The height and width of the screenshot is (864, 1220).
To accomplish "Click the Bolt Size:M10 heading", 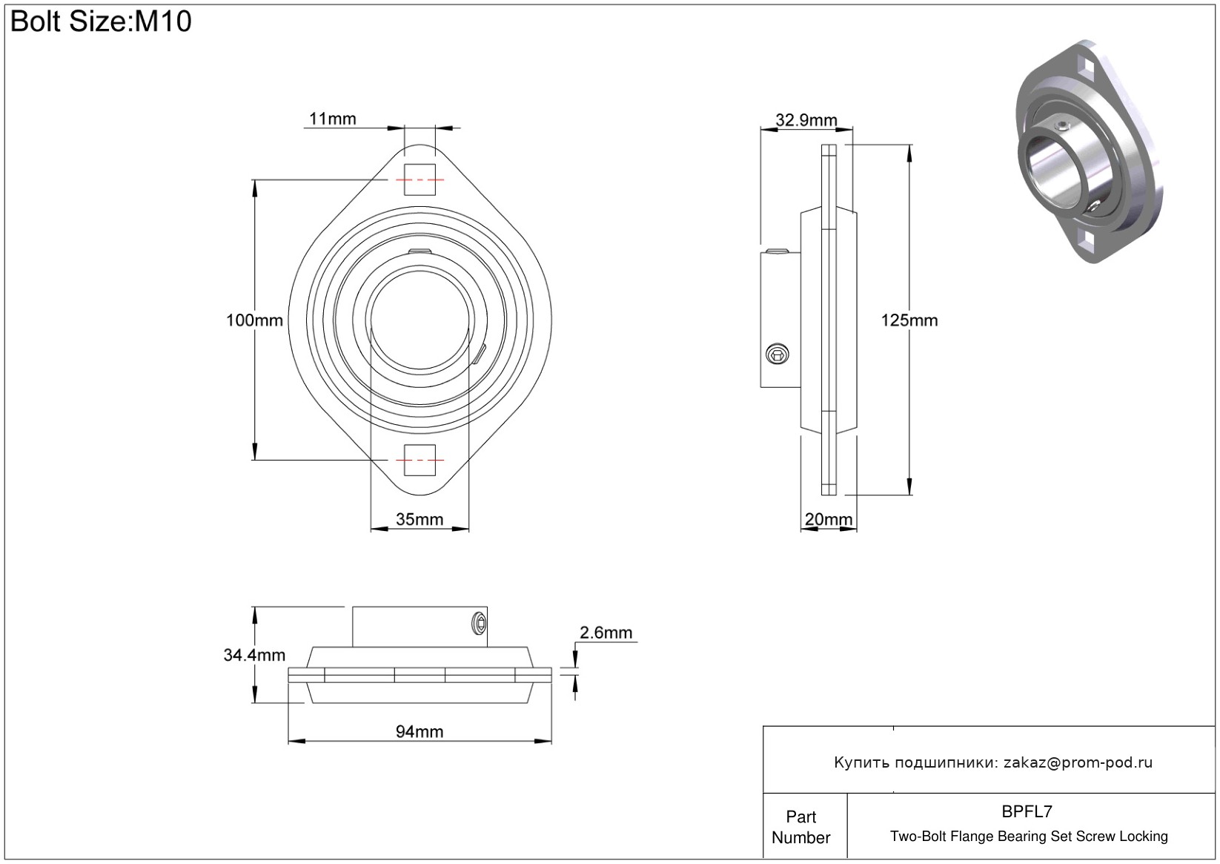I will (101, 22).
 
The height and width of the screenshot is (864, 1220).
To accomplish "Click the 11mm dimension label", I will (332, 119).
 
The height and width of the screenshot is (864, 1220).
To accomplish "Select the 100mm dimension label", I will (254, 320).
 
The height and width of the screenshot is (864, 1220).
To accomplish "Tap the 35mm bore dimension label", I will (420, 519).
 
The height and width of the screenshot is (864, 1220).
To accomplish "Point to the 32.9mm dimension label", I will (806, 120).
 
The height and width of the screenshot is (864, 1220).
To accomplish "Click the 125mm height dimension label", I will (909, 320).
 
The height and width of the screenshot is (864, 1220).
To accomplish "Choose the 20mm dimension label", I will (829, 519).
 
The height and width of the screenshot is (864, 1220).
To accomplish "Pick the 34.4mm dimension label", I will (254, 655).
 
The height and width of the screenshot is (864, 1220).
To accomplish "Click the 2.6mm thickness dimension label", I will (606, 633).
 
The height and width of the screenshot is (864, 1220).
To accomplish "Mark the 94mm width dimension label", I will (420, 731).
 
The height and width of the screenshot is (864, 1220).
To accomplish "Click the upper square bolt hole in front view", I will (420, 179).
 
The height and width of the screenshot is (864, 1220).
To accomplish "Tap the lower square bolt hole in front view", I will (420, 461).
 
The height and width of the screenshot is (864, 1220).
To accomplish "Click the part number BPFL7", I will (1027, 811).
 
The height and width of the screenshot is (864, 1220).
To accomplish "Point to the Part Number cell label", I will (801, 827).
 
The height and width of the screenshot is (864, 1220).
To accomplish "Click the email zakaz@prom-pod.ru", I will (1078, 762).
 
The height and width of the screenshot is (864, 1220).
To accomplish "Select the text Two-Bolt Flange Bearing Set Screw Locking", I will (1029, 837).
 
